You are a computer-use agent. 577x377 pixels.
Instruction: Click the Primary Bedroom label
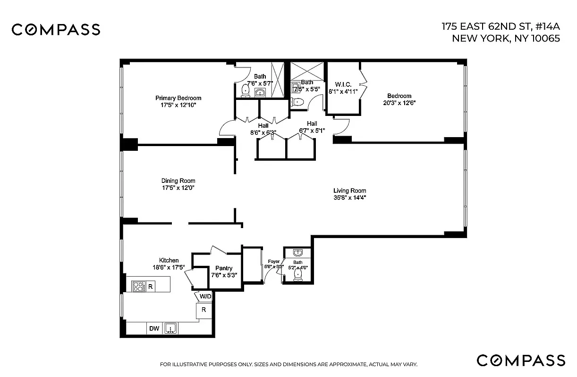[178, 98]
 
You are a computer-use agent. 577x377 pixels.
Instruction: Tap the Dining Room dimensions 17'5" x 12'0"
[178, 188]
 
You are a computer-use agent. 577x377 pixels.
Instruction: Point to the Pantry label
[224, 268]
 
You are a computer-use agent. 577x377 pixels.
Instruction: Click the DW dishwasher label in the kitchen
[154, 328]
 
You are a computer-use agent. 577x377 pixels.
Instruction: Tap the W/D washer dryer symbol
[205, 296]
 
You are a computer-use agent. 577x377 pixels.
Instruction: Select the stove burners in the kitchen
[139, 286]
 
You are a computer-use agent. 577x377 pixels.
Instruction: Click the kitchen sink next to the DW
[171, 328]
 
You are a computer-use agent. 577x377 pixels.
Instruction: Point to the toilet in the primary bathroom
[246, 90]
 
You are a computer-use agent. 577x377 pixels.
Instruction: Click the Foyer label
[274, 262]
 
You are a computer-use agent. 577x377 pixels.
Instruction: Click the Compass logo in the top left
[56, 30]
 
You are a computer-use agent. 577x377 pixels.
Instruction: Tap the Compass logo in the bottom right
[521, 360]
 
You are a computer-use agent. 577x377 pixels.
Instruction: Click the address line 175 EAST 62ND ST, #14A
[501, 26]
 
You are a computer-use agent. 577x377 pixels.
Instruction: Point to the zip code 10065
[543, 39]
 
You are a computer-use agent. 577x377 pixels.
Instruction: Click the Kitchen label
[169, 260]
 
